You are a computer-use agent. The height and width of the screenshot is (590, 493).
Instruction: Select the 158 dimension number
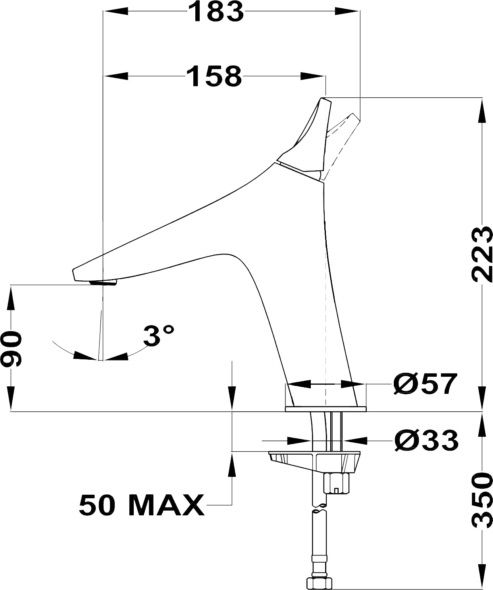pos(214,76)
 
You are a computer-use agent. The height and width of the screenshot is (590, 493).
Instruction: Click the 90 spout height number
pos(11,348)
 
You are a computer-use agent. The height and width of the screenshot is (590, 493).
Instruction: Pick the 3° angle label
pos(158,335)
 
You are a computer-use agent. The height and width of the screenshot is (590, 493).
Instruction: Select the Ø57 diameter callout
pos(425,384)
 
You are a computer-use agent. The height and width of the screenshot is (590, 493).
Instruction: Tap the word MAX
pos(166,505)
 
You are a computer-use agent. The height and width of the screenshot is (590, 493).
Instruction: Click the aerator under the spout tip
pos(103,283)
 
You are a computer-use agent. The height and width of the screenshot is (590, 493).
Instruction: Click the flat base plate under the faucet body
pos(326,409)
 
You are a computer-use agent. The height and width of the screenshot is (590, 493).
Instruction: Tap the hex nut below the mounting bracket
pos(336,484)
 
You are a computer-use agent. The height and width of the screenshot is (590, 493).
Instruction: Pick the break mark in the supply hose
pos(320,508)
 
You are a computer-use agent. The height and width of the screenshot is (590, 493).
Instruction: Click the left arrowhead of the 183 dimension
pos(116,12)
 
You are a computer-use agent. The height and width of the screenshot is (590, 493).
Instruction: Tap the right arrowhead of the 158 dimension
pos(313,76)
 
